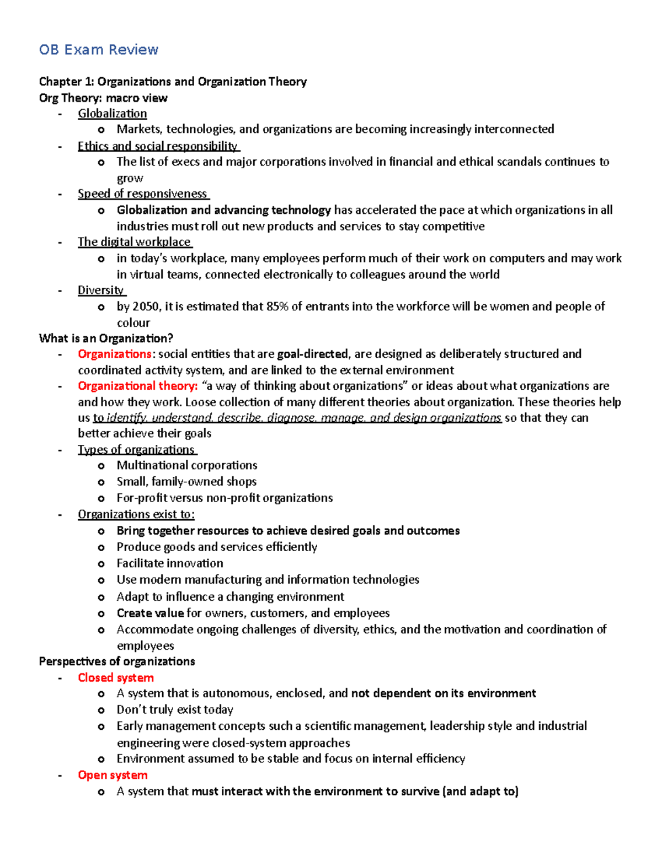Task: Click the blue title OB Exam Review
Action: tap(99, 50)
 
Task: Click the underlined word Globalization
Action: tap(112, 114)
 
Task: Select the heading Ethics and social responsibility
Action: tap(158, 146)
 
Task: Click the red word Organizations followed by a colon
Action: tap(114, 354)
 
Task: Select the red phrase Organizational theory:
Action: tap(137, 386)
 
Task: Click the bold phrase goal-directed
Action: tap(312, 354)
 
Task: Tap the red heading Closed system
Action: tap(116, 677)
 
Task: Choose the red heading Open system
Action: tap(113, 775)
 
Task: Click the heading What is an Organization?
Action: tap(106, 338)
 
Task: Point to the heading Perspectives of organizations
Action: tap(117, 661)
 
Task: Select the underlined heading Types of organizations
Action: tap(136, 450)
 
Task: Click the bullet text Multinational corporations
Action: tap(187, 465)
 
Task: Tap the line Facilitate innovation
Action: tap(170, 563)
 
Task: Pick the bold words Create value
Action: tap(150, 613)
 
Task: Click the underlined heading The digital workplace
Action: tap(134, 242)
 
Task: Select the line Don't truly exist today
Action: tap(175, 709)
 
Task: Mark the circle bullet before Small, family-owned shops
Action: tap(101, 482)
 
